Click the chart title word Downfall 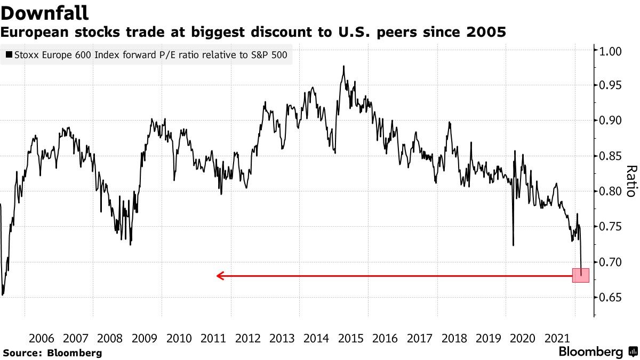(x=45, y=13)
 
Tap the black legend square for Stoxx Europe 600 (x=9, y=54)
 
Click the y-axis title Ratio (x=630, y=181)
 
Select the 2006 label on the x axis (x=41, y=338)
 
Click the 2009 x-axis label (x=144, y=338)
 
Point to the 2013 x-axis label (x=282, y=338)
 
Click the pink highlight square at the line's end (x=581, y=275)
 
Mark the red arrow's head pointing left (x=219, y=276)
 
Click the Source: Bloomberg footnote (x=52, y=353)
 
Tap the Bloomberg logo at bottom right (x=597, y=352)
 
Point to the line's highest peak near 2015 (x=343, y=66)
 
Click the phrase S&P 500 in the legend (x=273, y=54)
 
